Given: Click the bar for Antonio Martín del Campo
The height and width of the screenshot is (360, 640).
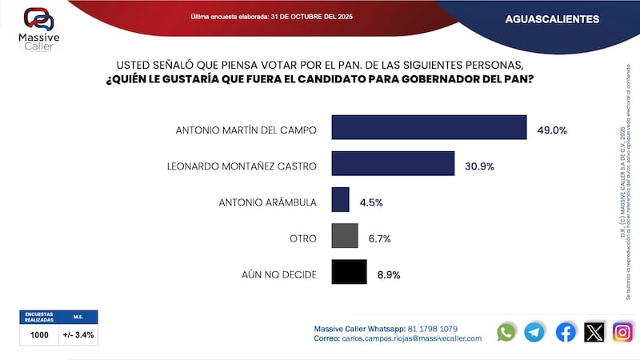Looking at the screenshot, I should coord(429,128).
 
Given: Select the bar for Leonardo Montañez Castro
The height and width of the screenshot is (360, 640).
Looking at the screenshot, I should coord(393,165).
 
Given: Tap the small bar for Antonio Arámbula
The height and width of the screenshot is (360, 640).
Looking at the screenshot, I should coord(340,200).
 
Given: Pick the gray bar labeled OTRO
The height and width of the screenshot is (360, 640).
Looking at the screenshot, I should coord(344,237).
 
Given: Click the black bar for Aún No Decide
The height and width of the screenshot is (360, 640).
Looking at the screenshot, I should coord(349,273).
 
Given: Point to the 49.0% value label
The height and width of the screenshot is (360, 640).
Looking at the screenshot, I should coord(552,129).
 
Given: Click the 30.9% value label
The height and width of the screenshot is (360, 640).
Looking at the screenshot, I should coord(480,166).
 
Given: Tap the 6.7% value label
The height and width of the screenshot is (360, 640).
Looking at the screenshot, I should coord(378,238).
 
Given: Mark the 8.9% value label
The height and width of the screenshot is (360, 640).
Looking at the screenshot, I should coord(388,274).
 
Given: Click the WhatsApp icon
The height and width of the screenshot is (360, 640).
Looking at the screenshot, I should coord(506,332).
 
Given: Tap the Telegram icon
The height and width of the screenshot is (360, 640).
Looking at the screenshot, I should coord(534,332).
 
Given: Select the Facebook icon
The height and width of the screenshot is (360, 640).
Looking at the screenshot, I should coord(566,332).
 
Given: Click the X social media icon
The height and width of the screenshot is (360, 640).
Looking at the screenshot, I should coord(594,332).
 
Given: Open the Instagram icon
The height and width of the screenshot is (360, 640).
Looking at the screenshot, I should coord(622,332).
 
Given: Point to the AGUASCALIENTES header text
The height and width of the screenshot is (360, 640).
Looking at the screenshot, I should coord(552,18).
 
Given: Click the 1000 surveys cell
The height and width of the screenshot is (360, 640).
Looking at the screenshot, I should coord(39,335).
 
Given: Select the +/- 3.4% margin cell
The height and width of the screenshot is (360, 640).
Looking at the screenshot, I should coord(78,335).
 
